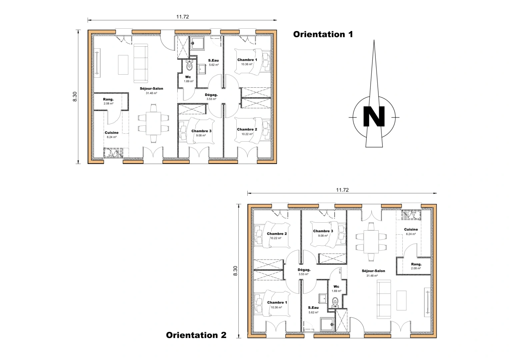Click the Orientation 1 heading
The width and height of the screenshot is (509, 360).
point(323,34)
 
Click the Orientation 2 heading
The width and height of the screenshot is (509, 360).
point(196,335)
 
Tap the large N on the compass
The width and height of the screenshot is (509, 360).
point(374,116)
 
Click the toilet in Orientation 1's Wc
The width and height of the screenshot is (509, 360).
point(189,65)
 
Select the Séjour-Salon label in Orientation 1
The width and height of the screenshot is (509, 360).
point(151,89)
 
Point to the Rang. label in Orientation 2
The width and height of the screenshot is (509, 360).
point(416,264)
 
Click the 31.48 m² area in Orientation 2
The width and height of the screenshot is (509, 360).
point(372,276)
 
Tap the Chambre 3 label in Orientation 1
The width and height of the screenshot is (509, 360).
point(201,131)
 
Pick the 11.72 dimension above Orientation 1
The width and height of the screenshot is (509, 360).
point(182,17)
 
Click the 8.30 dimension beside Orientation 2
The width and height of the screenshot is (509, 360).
point(235,271)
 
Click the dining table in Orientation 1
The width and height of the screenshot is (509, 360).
point(153,123)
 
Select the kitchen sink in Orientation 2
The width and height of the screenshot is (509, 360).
point(411,215)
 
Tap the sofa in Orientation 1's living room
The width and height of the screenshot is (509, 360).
point(141,63)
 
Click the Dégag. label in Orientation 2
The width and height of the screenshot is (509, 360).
point(304,270)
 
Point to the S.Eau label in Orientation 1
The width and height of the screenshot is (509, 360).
point(213,60)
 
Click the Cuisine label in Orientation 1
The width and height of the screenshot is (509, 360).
point(112,133)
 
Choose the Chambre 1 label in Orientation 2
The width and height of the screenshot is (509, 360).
point(277,303)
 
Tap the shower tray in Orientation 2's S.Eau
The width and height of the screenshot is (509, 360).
point(327,325)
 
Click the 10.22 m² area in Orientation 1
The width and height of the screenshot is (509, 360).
point(247,134)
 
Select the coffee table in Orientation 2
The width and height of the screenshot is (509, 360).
point(401,300)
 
